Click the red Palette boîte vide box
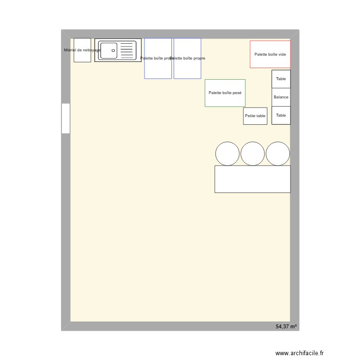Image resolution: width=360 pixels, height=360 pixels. coord(270,54)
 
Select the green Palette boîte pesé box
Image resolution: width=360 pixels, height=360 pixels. coord(225,93)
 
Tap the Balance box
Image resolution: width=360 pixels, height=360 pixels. coord(281,97)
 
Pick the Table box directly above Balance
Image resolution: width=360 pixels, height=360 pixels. coord(281,79)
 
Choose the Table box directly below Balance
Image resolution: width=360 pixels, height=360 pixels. coord(281,115)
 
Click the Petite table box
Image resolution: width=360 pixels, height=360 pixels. coord(255,116)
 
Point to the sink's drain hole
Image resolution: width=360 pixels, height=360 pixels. coord(113,50)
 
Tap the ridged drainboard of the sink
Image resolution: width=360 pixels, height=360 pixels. coord(127,50)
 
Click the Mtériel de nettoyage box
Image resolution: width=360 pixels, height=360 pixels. coord(82,50)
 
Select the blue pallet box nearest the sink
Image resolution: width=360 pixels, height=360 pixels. coord(158,58)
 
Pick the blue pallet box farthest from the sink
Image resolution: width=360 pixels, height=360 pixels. coord(187,58)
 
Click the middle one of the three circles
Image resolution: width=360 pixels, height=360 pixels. coord(252,154)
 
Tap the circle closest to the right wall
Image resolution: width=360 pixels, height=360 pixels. coord(278,154)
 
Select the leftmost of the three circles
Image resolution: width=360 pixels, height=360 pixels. coord(227,154)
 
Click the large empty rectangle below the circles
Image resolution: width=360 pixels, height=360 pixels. coord(252,179)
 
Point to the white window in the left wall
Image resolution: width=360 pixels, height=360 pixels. coord(66,118)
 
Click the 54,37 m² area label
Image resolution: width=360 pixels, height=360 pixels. coord(286,326)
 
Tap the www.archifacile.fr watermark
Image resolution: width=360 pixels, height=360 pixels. coord(300,353)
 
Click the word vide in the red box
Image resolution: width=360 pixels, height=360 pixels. coord(281,54)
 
